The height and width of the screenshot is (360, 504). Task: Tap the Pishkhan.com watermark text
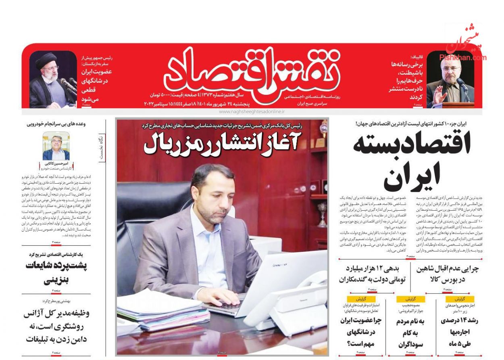pyautogui.click(x=463, y=57)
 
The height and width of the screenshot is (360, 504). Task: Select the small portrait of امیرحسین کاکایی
pyautogui.click(x=56, y=147)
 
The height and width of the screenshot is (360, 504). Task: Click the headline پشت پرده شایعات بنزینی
pyautogui.click(x=56, y=272)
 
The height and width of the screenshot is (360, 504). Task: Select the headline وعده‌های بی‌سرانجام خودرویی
pyautogui.click(x=56, y=124)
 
